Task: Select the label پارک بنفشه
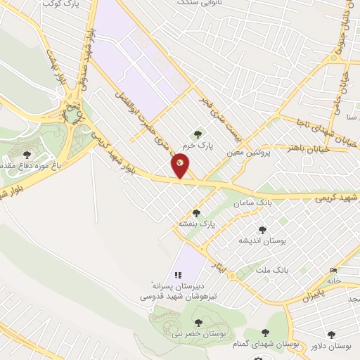(195, 224)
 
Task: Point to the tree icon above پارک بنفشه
(196, 213)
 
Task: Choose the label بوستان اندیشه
(263, 240)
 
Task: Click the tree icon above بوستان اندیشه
(263, 230)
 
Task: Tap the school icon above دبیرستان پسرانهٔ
(177, 275)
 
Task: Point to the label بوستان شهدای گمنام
(264, 345)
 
